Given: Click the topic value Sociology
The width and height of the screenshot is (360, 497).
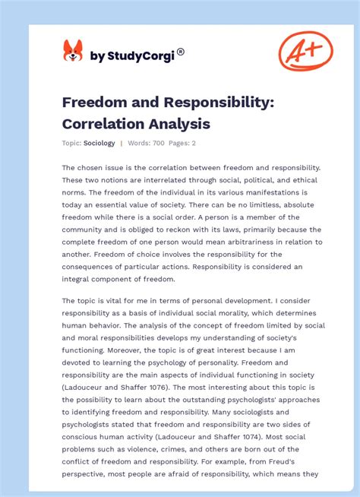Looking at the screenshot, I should pos(99,143).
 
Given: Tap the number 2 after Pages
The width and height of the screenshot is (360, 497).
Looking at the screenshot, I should pos(193,143).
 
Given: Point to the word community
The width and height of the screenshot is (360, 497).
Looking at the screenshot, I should pos(88,230).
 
